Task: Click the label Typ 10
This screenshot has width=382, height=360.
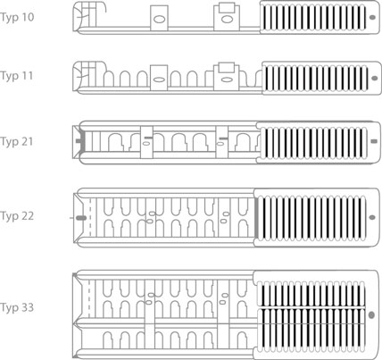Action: click(x=17, y=17)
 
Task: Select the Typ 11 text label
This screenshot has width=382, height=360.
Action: click(x=17, y=76)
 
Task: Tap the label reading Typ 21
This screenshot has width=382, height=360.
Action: click(x=17, y=141)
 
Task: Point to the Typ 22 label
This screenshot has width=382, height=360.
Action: click(x=17, y=216)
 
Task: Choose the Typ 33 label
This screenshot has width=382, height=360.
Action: click(x=17, y=307)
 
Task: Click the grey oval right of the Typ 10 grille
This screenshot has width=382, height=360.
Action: click(x=372, y=17)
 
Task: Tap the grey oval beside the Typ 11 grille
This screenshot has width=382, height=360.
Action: click(x=375, y=79)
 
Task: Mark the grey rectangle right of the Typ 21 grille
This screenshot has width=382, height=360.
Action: click(x=374, y=141)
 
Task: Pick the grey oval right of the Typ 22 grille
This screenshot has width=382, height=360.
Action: click(x=372, y=218)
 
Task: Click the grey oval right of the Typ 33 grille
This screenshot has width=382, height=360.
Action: click(x=371, y=314)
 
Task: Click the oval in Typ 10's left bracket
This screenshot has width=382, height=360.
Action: click(x=159, y=20)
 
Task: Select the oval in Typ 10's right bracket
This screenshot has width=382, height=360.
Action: click(x=227, y=20)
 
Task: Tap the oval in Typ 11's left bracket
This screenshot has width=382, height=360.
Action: click(x=159, y=80)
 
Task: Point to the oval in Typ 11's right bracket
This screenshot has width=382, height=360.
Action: click(x=227, y=80)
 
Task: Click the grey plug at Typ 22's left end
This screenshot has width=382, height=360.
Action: click(x=81, y=218)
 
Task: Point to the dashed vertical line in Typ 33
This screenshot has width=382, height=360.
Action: click(x=88, y=299)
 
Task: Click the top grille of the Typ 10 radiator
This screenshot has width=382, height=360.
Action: click(x=313, y=17)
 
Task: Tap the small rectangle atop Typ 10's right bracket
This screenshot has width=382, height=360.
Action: click(x=228, y=8)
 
